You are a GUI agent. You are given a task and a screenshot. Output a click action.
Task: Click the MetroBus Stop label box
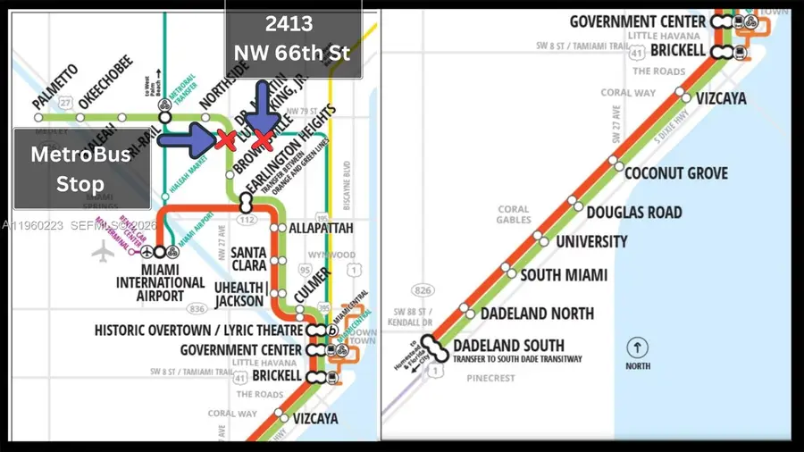click(81, 169)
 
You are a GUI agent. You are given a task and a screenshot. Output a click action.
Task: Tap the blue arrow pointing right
click(186, 138)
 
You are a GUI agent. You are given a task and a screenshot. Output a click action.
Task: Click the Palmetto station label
click(55, 88)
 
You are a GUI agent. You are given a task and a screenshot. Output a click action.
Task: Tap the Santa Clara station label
click(248, 260)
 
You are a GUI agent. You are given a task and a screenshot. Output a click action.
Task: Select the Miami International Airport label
click(160, 283)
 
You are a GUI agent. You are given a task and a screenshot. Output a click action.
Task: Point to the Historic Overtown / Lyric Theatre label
click(198, 331)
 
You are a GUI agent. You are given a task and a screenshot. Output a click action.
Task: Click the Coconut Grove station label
click(676, 173)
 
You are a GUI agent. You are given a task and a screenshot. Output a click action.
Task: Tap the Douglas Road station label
click(634, 213)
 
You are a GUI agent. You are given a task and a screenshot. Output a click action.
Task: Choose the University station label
click(591, 242)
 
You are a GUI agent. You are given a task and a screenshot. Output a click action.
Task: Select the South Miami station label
click(564, 275)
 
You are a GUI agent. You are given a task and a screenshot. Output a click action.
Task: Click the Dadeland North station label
click(537, 314)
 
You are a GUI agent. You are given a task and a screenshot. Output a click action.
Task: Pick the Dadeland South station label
click(508, 346)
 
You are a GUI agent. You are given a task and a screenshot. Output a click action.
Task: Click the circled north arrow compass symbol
click(637, 347)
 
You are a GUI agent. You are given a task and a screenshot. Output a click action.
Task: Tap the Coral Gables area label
click(514, 215)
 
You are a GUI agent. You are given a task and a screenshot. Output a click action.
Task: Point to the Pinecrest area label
click(491, 378)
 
